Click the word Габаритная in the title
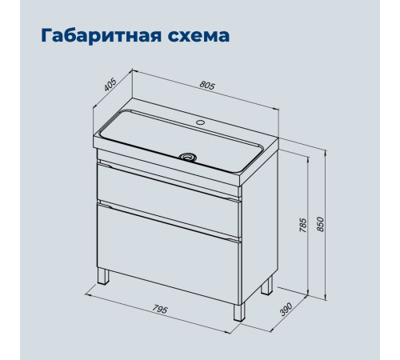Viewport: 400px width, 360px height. click(101, 36)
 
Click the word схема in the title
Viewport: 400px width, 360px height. click(198, 36)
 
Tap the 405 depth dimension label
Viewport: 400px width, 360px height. click(110, 85)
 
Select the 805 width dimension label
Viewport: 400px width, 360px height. click(207, 86)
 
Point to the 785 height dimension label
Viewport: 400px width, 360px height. click(303, 225)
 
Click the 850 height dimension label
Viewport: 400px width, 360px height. click(320, 225)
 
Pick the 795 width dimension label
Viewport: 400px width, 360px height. click(160, 309)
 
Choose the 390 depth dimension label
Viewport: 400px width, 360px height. click(286, 309)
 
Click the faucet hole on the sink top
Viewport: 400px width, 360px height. click(200, 122)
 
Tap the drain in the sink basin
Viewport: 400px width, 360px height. click(188, 157)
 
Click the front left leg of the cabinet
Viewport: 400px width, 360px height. click(104, 276)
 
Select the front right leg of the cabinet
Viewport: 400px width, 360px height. click(239, 312)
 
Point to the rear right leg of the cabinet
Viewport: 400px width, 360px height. click(266, 286)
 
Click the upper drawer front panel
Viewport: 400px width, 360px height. click(169, 199)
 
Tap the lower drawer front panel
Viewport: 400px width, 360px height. click(169, 254)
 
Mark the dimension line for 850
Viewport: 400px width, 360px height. click(326, 225)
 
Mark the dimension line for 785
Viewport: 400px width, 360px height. click(308, 226)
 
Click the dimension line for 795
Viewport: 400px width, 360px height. click(158, 314)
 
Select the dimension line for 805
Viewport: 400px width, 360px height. click(206, 90)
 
